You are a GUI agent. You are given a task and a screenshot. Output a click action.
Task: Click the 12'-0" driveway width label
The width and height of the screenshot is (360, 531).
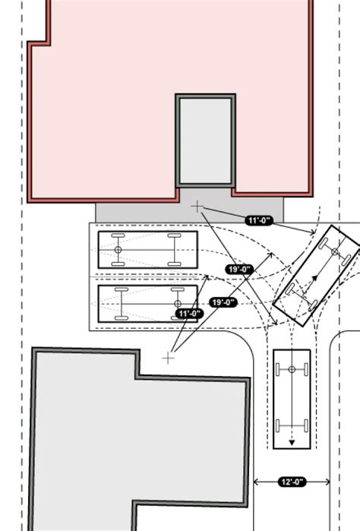pos(292,482)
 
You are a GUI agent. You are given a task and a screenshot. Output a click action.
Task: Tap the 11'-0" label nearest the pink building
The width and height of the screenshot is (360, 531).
pos(259,220)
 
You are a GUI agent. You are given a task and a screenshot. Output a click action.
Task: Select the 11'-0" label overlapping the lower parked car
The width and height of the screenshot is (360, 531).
pos(189,313)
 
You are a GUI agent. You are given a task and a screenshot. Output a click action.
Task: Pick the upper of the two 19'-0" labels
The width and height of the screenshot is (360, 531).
pos(240,269)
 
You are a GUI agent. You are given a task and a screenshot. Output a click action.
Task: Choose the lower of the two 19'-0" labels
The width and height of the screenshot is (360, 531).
pos(223,302)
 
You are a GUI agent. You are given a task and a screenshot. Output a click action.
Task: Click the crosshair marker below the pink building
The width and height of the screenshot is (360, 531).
pos(197,206)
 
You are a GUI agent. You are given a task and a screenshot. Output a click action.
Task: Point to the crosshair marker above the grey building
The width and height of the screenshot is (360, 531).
pos(169,357)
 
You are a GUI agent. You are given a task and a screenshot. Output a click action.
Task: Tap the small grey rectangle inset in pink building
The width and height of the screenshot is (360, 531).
pos(205,141)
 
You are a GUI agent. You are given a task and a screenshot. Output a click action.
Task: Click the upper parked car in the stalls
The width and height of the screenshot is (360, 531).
pos(147,249)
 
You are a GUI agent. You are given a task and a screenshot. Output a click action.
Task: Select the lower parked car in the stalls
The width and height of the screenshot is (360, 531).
pos(147,303)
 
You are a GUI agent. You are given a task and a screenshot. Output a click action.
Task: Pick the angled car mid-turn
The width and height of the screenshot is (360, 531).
pos(315,276)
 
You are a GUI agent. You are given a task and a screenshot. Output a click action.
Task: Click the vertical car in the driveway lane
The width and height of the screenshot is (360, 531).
pos(291,399)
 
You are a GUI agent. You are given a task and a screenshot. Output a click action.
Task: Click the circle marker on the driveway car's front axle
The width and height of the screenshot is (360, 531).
pos(291,369)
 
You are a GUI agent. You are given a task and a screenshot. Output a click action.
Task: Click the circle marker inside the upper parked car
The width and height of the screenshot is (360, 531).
pos(118,249)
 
